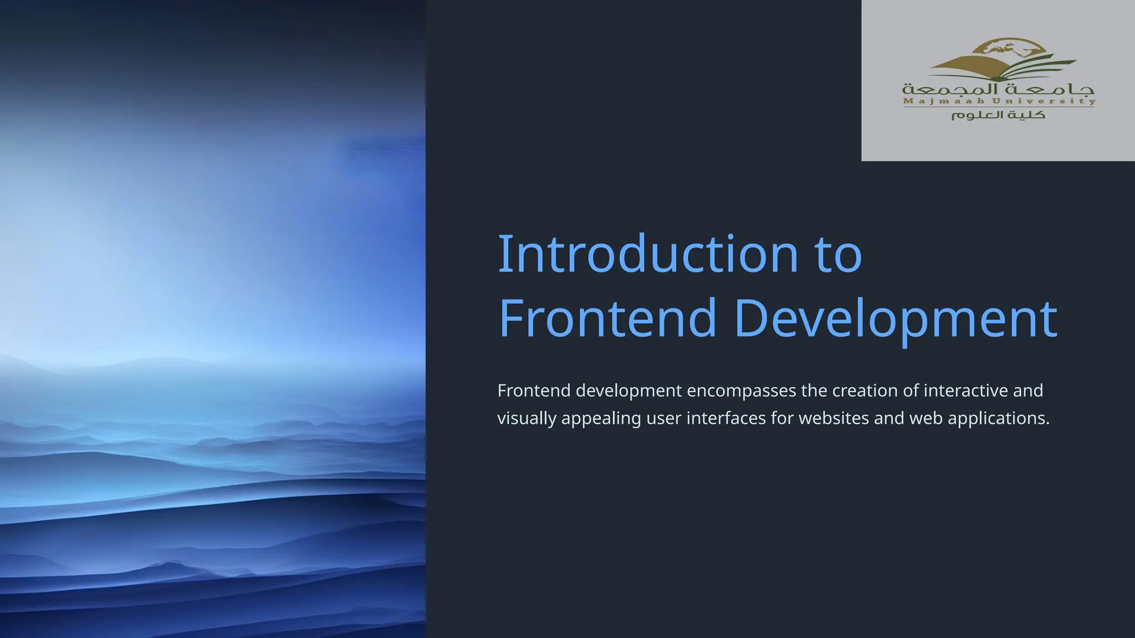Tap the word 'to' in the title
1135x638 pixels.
coord(838,254)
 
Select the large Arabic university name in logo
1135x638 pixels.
coord(998,89)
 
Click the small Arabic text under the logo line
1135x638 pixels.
coord(998,115)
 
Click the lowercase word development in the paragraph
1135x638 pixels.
coord(628,391)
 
